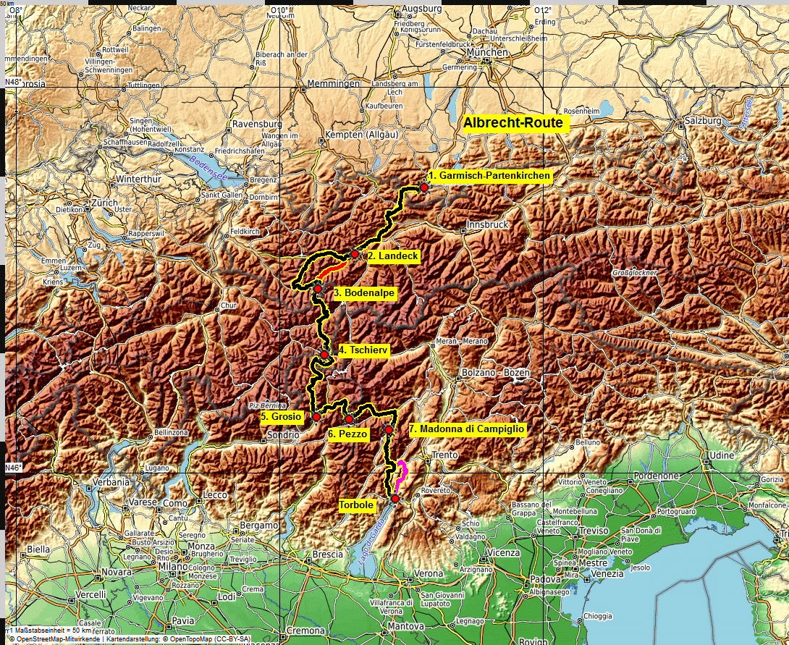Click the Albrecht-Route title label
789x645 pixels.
tap(513, 123)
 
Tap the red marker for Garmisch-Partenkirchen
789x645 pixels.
tap(423, 187)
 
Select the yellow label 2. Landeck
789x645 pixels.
tap(393, 256)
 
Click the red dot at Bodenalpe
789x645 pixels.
tap(317, 289)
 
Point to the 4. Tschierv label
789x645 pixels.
tap(363, 350)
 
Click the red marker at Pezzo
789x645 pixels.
tap(348, 419)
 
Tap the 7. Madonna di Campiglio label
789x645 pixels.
tap(466, 429)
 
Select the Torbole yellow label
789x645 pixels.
tap(356, 505)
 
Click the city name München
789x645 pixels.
tap(487, 53)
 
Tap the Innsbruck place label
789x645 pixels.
tap(488, 225)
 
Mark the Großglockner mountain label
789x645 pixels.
tap(635, 273)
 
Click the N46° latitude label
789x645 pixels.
tap(13, 468)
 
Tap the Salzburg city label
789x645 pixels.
tap(703, 121)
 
